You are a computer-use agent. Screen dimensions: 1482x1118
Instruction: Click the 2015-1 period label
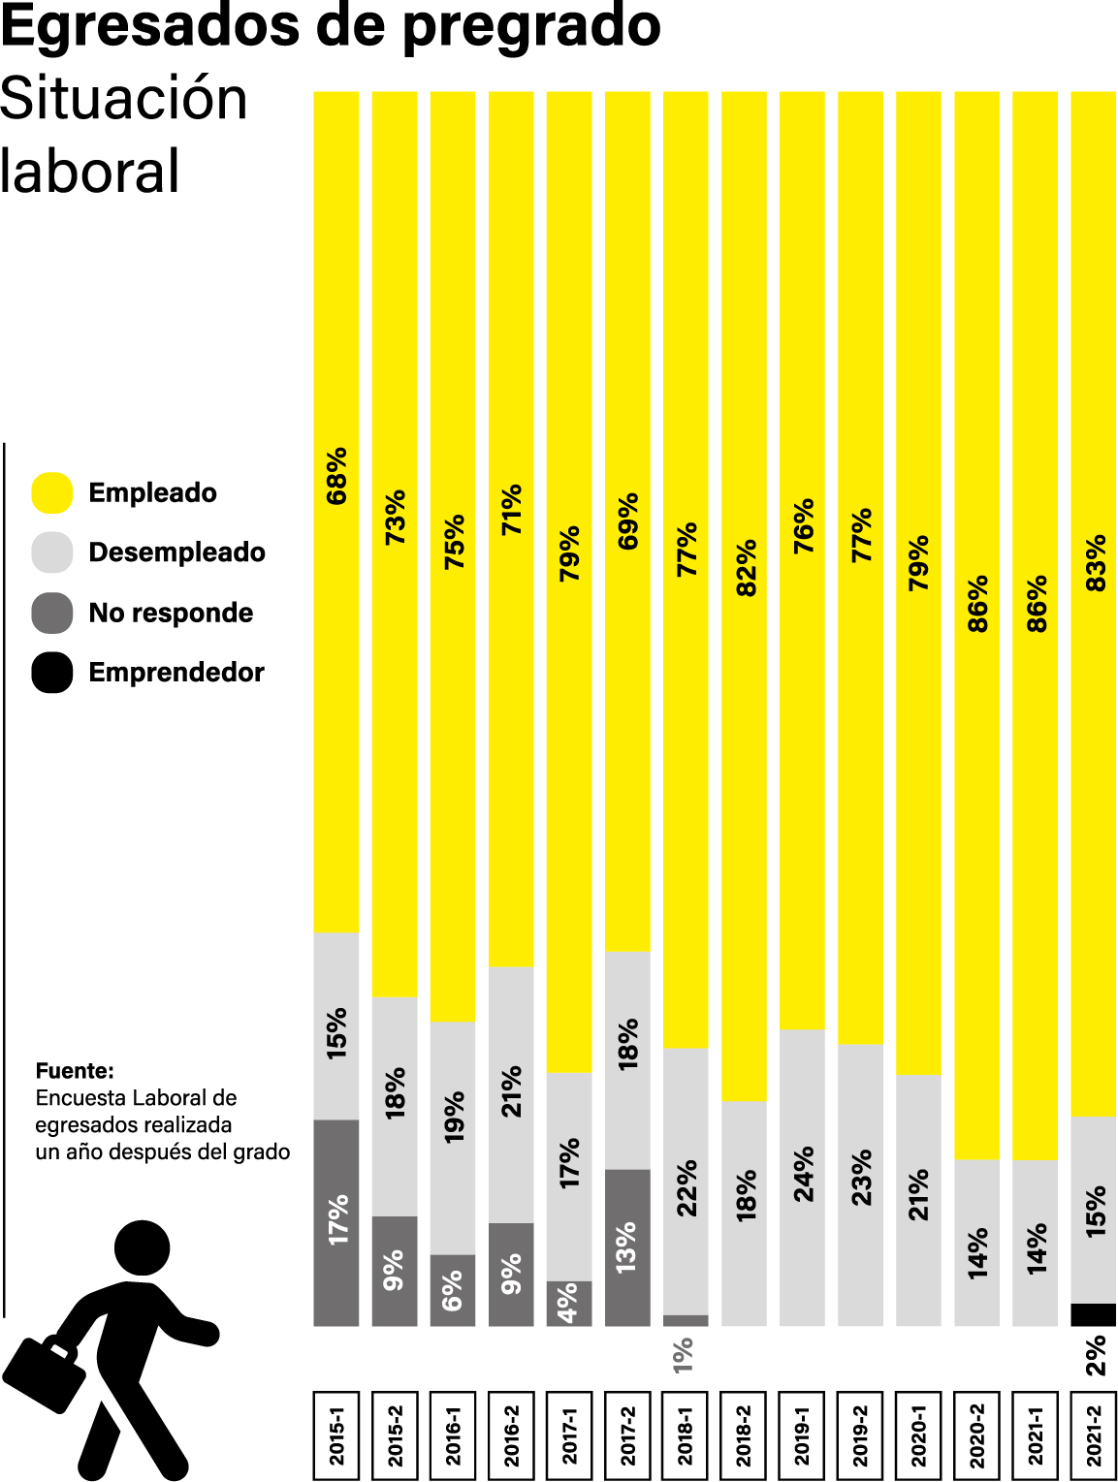(x=336, y=1435)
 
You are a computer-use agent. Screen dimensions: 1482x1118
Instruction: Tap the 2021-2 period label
(x=1094, y=1435)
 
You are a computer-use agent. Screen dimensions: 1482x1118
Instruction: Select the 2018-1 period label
(x=686, y=1435)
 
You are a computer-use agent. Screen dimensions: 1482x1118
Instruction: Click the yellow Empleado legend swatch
(x=52, y=492)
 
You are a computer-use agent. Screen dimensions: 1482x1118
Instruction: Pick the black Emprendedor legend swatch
(x=52, y=673)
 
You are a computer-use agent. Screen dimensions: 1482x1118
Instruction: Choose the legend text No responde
(x=171, y=613)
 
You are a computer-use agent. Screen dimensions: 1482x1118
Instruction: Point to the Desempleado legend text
(x=176, y=552)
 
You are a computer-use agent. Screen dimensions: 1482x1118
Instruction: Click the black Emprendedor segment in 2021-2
(x=1094, y=1315)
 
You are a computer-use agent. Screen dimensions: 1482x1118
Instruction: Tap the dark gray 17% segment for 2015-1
(x=336, y=1221)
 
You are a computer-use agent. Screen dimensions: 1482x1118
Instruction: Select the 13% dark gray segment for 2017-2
(x=627, y=1247)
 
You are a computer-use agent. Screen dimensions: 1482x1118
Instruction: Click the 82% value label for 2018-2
(x=745, y=568)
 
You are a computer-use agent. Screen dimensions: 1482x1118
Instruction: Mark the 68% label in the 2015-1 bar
(x=336, y=476)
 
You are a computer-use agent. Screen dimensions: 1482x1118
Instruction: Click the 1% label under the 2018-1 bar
(x=684, y=1355)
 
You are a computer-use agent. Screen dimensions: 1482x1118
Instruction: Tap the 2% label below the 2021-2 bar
(x=1096, y=1355)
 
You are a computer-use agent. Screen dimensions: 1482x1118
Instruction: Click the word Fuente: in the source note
(x=75, y=1071)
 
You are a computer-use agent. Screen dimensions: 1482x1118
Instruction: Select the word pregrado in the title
(x=531, y=26)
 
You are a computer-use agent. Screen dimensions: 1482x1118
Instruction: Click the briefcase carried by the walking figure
(x=45, y=1373)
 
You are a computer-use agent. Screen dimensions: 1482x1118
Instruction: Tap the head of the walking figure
(x=143, y=1247)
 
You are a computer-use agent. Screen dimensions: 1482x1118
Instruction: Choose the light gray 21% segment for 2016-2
(x=511, y=1093)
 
